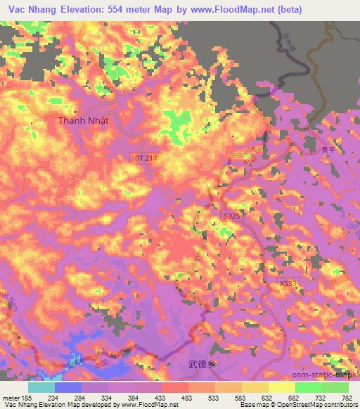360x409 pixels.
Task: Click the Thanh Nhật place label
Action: [84, 120]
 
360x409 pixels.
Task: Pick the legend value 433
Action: [188, 398]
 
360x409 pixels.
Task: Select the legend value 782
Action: [347, 398]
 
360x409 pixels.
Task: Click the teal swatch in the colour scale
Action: [41, 387]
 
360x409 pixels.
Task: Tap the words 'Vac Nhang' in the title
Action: [32, 9]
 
